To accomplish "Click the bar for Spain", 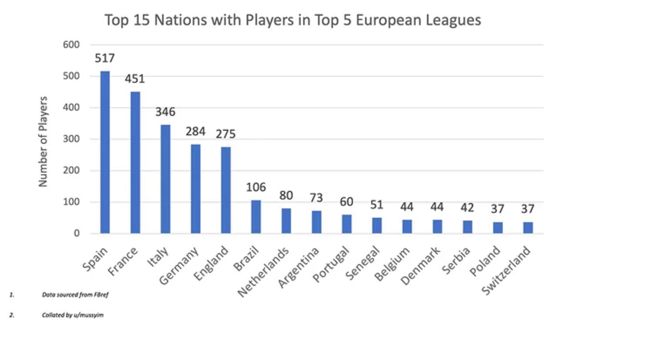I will (105, 153).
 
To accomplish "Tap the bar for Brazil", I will (256, 217).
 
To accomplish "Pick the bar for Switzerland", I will (528, 228).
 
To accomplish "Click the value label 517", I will (105, 58).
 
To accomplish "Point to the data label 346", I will (165, 112).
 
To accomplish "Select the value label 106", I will (256, 187).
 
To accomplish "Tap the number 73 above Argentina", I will (316, 198).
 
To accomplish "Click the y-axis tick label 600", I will (71, 44).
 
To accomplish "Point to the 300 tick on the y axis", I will (71, 139).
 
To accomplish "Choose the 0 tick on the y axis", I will (77, 233).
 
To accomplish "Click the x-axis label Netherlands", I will (264, 272).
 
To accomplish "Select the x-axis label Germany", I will (179, 266).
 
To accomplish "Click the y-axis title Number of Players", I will (43, 142).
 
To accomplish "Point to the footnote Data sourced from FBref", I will (75, 295).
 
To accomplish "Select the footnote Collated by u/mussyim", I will (73, 315).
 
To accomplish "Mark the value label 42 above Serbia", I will (467, 208).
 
